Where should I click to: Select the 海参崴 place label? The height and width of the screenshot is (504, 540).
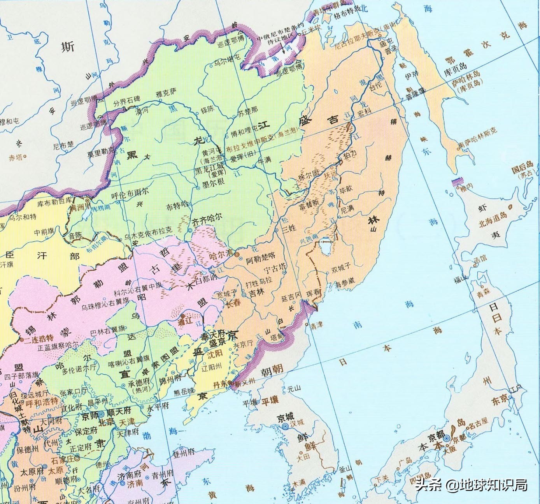pos(345,282)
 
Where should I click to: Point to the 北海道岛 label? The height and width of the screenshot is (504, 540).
pos(493,220)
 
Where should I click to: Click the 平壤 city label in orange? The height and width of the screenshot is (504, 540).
pos(270,401)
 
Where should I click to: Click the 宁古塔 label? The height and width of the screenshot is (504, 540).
pos(275,268)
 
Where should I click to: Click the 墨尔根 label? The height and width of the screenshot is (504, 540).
pos(213,182)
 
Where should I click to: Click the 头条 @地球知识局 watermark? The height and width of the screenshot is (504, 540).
pos(471,485)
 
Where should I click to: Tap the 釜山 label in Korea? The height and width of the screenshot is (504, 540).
pos(345,469)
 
